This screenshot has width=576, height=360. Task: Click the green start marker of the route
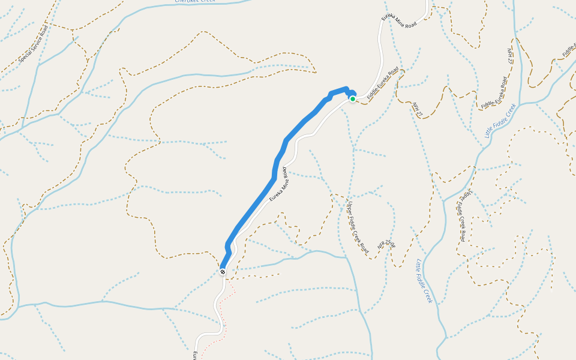[x=353, y=99]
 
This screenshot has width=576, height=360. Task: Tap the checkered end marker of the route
[x=223, y=272]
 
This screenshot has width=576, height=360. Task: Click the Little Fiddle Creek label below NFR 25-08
[x=424, y=280]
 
